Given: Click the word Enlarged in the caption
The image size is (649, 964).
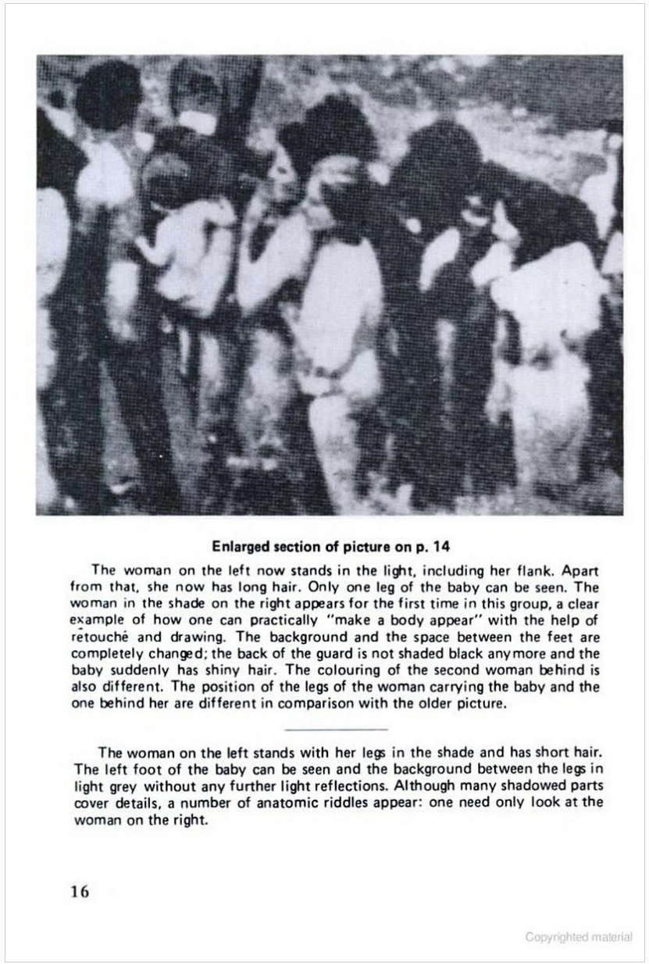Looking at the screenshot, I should coord(240,544).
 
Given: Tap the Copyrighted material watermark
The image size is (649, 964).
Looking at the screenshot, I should coord(579,937).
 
